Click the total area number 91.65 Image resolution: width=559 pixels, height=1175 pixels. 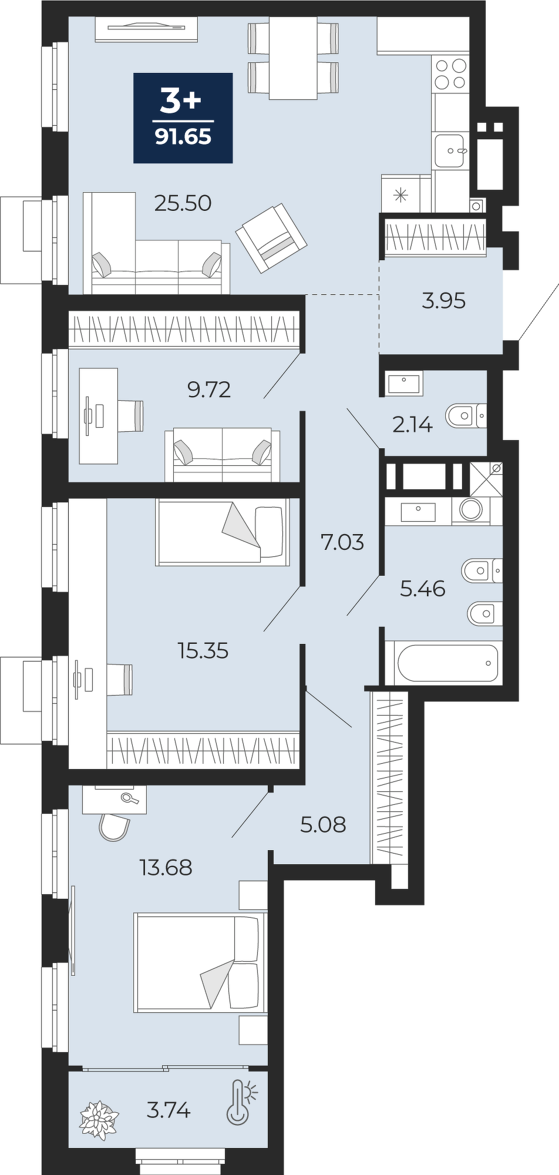point(183,137)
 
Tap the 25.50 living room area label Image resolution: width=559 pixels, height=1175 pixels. point(183,203)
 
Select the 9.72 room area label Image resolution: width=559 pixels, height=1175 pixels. point(209,389)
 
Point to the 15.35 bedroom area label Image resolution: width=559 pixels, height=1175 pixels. point(203,651)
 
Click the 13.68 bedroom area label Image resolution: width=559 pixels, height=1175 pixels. point(166,867)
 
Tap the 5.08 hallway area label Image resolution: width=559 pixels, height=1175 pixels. point(323,825)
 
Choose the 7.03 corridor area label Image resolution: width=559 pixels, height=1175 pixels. point(342,542)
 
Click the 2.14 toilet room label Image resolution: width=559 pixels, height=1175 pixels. point(412,424)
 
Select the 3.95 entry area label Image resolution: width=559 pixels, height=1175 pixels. point(444,301)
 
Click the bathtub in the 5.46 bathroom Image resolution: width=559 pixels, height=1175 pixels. point(448,663)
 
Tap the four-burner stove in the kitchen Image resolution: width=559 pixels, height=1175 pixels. point(450,74)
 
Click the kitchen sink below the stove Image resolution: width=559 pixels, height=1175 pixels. point(450,150)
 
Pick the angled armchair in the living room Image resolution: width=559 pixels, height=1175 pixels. point(271,237)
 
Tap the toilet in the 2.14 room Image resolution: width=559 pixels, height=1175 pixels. point(466,416)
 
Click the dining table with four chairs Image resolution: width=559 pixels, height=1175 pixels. point(293,58)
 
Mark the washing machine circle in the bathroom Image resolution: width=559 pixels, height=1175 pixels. point(471,509)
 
